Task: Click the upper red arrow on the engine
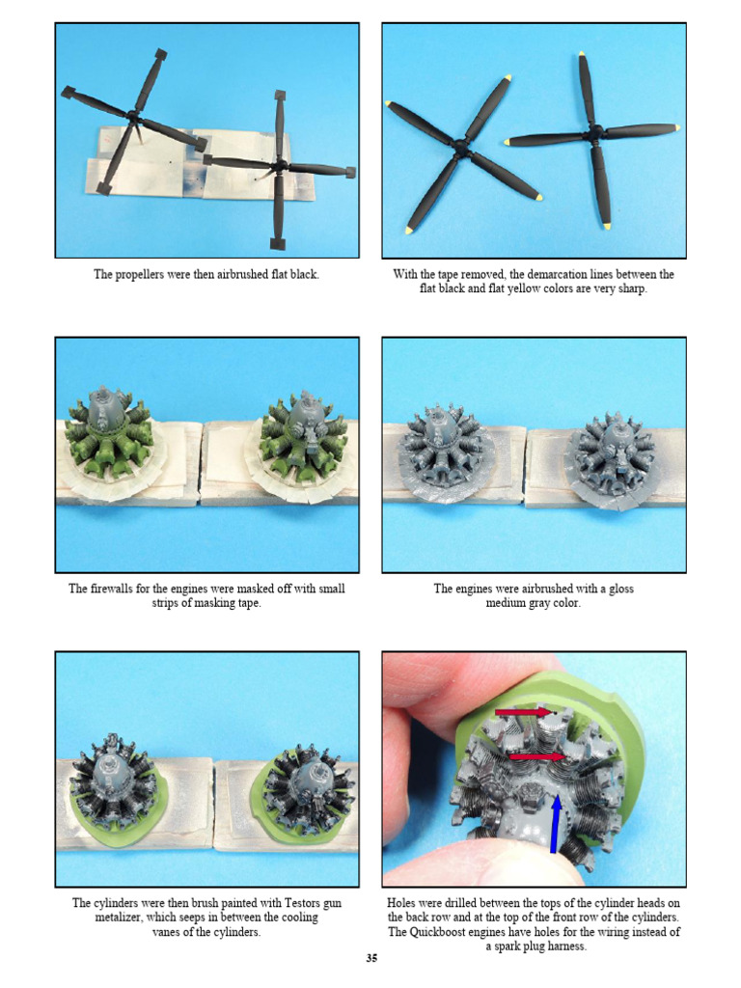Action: (522, 713)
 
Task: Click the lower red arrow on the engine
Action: (536, 757)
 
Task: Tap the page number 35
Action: (370, 958)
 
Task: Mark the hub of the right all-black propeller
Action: (278, 165)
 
